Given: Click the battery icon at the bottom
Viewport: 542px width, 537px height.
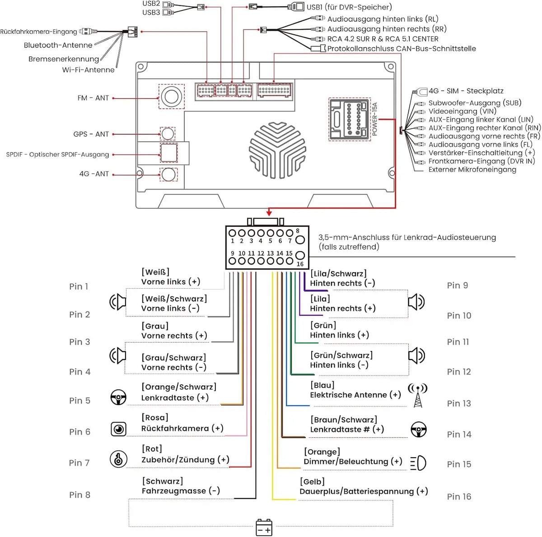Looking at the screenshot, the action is point(264,528).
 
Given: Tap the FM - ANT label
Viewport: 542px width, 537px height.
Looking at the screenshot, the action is point(93,98).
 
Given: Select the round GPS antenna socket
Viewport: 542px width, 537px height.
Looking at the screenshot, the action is point(168,134).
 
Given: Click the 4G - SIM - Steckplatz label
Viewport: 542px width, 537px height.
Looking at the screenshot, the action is point(466,91).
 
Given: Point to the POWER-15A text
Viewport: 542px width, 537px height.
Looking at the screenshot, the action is point(374,119).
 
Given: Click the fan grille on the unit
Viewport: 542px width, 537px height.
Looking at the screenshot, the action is point(278,150).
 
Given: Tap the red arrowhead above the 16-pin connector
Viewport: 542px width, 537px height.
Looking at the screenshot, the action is point(269,213).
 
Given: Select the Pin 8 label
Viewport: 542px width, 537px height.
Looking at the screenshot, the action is point(79,495).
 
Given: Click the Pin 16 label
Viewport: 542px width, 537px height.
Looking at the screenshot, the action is point(459,496).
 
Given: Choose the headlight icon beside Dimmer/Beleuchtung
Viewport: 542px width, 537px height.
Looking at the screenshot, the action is point(418,463).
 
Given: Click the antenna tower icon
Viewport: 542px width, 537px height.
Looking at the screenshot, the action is point(418,395).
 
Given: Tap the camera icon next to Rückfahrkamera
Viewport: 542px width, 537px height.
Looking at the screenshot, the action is point(118,429).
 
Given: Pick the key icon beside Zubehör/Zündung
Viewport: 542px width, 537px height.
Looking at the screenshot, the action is point(118,459).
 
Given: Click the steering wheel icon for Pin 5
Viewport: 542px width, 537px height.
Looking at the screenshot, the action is point(118,397).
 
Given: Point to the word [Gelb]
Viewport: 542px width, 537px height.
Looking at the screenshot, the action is point(312,481).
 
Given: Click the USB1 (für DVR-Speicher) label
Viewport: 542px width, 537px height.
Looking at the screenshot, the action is point(349,7).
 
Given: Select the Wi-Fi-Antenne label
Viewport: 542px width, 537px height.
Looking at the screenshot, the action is point(89,70).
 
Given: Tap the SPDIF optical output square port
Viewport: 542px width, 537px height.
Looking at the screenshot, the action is point(169,153).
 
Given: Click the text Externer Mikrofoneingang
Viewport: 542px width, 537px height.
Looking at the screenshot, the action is point(472,170).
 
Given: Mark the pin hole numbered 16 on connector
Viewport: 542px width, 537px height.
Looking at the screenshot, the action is point(300,255).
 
